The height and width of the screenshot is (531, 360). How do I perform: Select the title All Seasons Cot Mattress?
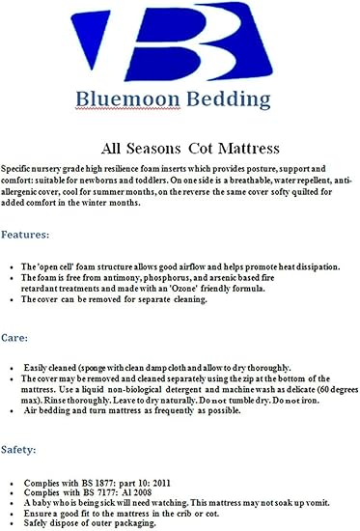point(180,150)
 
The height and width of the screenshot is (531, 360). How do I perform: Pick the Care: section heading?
point(19,339)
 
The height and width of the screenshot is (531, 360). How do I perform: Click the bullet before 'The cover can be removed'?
point(10,300)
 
